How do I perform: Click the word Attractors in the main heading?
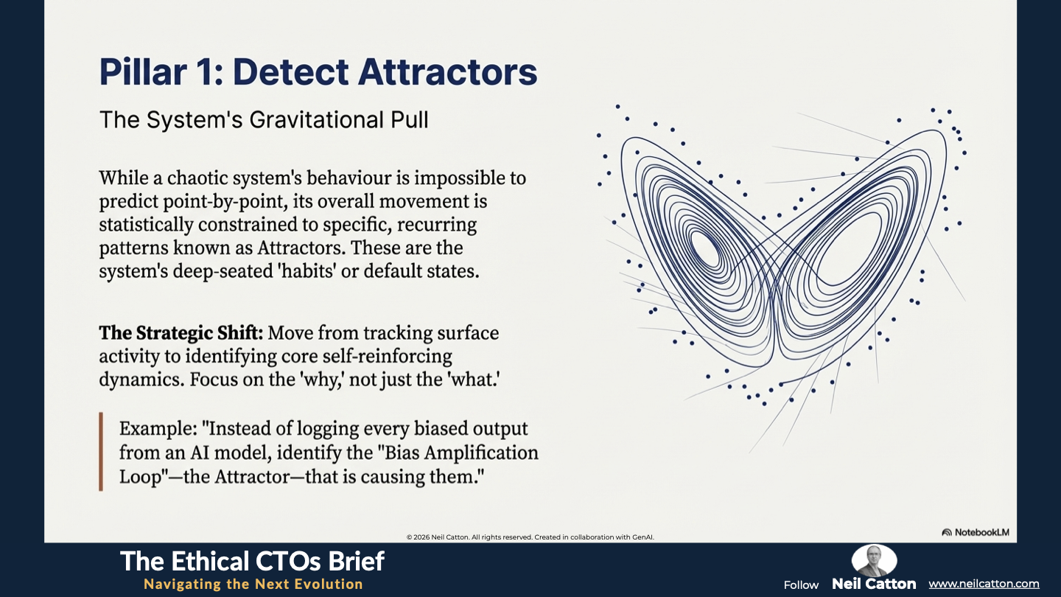[448, 72]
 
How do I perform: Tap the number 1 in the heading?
[201, 72]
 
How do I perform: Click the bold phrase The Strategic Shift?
[181, 332]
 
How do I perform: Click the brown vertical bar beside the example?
[101, 452]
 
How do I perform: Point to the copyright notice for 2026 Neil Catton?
[530, 537]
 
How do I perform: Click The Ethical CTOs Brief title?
[253, 562]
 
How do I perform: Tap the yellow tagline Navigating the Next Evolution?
[253, 584]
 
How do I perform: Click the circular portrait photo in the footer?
[874, 560]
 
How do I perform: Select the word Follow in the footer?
[801, 585]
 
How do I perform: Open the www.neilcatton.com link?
[984, 584]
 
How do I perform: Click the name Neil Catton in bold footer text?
[874, 584]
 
